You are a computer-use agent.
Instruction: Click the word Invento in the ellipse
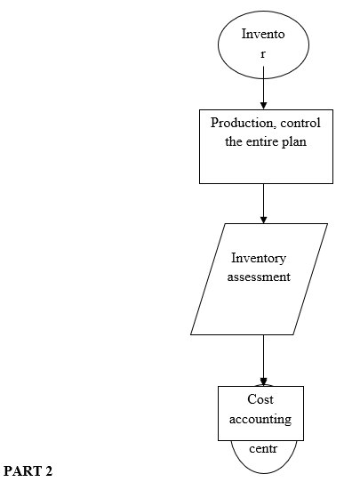(x=263, y=34)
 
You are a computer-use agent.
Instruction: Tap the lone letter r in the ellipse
(x=263, y=54)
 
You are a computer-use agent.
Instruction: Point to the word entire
(x=262, y=141)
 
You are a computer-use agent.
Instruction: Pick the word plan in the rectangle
(x=294, y=142)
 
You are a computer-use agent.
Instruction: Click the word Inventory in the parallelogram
(x=259, y=259)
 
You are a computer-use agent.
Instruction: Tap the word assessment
(x=259, y=277)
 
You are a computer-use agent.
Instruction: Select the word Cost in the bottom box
(x=260, y=399)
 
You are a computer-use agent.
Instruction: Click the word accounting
(x=260, y=419)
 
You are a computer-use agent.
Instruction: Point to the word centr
(x=263, y=449)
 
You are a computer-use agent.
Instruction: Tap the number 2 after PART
(x=49, y=471)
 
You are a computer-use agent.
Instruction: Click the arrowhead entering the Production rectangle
(x=263, y=105)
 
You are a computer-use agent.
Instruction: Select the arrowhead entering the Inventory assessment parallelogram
(x=263, y=220)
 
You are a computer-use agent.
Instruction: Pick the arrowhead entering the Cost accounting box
(x=263, y=382)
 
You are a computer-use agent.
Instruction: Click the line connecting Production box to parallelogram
(x=263, y=203)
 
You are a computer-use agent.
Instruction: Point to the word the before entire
(x=234, y=141)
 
